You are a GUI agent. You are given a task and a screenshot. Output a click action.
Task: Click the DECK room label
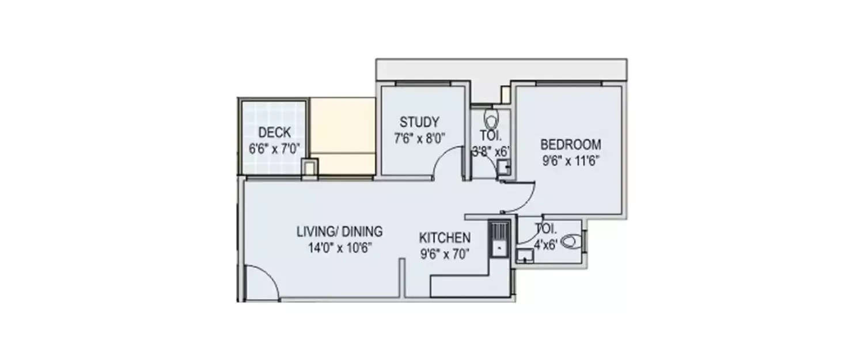[274, 132]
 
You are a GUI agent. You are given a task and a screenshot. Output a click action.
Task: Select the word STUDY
[419, 122]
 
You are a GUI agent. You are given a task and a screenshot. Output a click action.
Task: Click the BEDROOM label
[570, 145]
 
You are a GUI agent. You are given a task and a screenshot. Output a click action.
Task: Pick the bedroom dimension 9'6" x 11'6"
[570, 161]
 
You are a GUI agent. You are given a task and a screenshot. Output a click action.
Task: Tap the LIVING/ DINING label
[339, 233]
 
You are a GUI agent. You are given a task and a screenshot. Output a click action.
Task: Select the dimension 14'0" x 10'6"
[339, 248]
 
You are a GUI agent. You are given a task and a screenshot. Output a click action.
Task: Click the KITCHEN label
[445, 237]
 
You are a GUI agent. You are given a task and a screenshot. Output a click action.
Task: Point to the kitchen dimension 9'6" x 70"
[445, 253]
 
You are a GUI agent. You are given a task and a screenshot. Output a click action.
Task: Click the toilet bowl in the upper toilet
[491, 120]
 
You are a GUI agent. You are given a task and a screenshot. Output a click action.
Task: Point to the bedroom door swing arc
[527, 196]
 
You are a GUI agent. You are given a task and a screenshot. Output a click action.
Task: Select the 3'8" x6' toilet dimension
[491, 152]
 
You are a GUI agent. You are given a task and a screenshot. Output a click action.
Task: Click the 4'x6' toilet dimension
[544, 244]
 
